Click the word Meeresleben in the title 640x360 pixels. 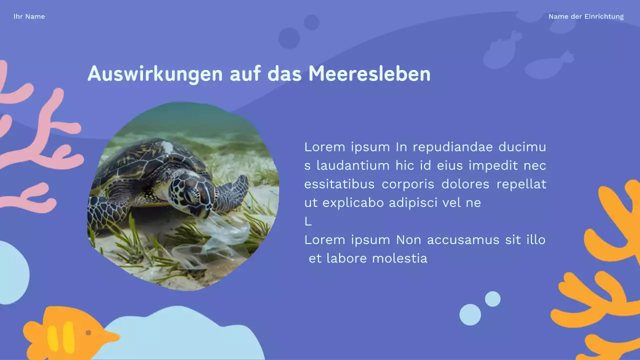(x=369, y=74)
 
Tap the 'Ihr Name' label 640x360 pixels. (x=29, y=16)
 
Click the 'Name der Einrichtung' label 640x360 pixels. (x=586, y=16)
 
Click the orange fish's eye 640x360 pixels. (x=88, y=332)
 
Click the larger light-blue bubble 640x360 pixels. (x=470, y=314)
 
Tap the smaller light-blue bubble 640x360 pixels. (x=492, y=299)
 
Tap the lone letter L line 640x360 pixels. (x=308, y=221)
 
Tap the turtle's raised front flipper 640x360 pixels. (x=235, y=190)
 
